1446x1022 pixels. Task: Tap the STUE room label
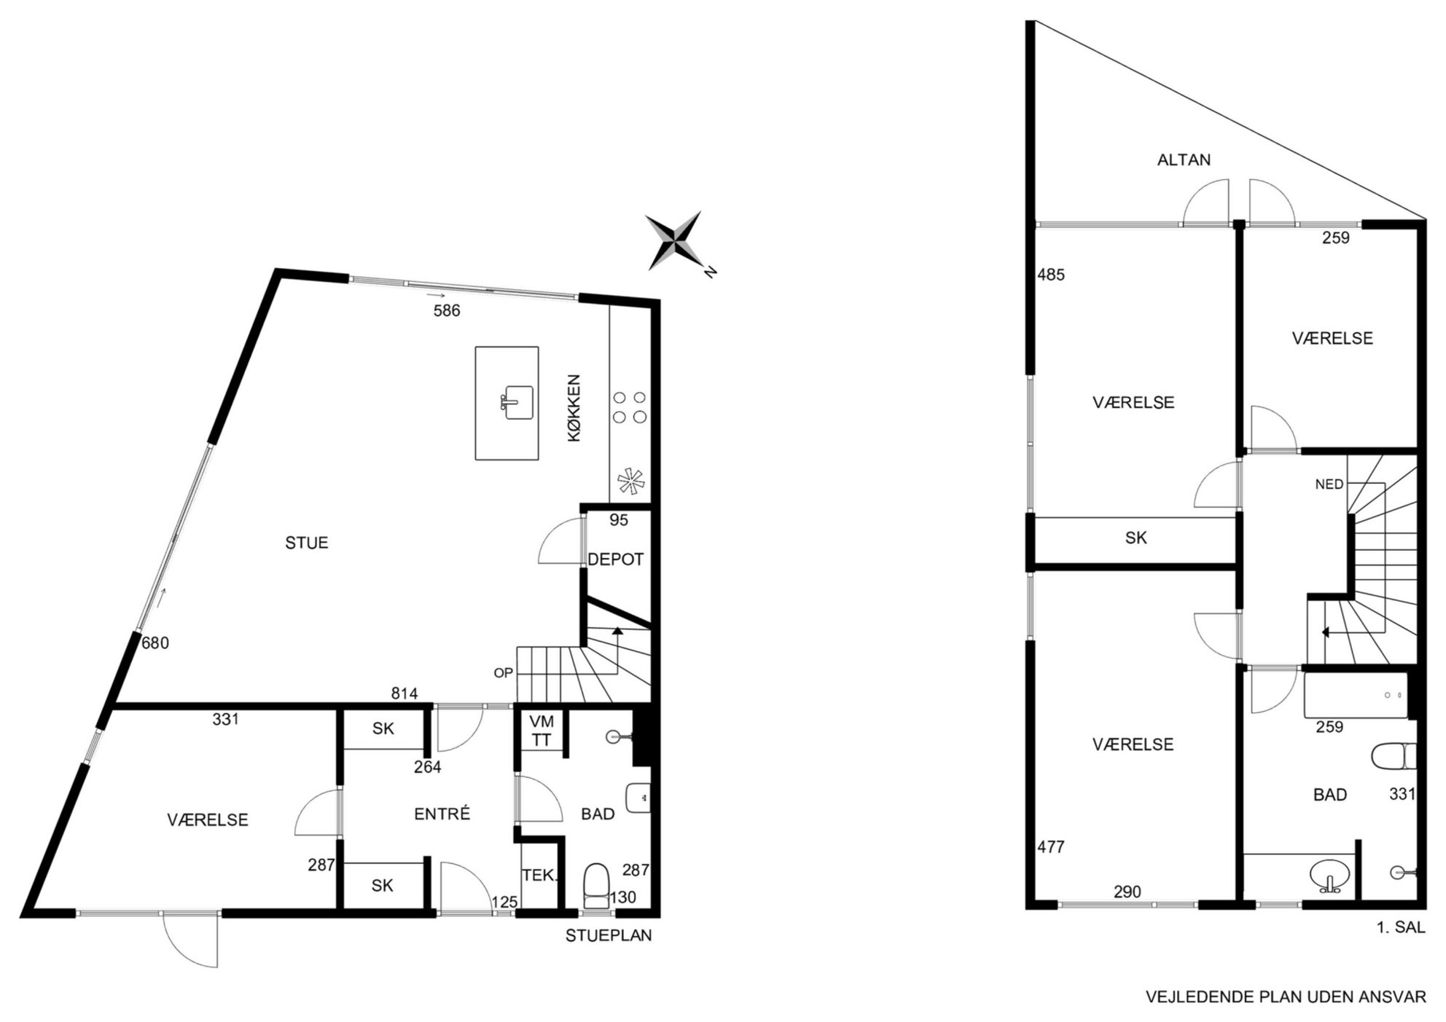[306, 543]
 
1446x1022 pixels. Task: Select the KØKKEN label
[574, 408]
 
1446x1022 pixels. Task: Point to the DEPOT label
[616, 559]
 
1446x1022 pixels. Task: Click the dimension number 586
[447, 310]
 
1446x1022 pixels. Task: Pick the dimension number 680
[155, 642]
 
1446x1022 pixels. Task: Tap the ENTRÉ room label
[442, 814]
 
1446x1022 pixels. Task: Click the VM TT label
[542, 731]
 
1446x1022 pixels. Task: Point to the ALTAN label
[1184, 160]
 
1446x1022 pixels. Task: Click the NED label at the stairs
[1329, 484]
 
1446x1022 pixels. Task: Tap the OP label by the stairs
[504, 673]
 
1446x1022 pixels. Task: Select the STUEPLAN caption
[609, 935]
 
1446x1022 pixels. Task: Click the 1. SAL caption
[1400, 927]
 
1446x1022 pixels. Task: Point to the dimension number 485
[1051, 275]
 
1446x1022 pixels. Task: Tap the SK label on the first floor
[1136, 538]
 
